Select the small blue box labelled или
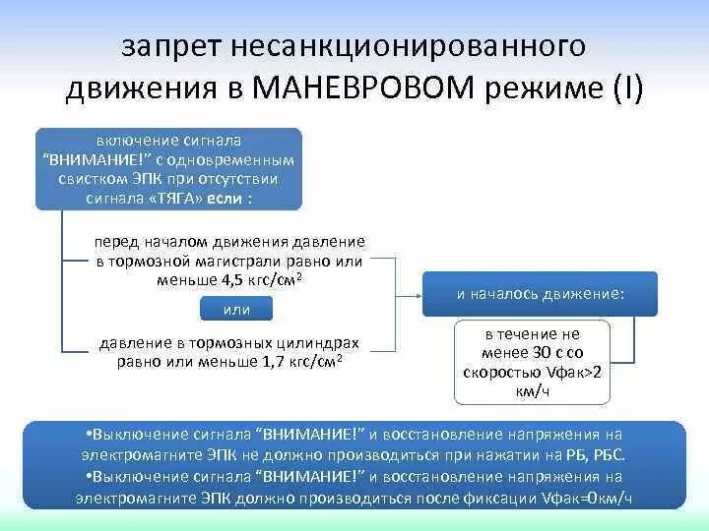click(237, 311)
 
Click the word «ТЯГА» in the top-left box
click(180, 197)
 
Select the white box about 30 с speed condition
click(533, 361)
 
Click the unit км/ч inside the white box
click(532, 389)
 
